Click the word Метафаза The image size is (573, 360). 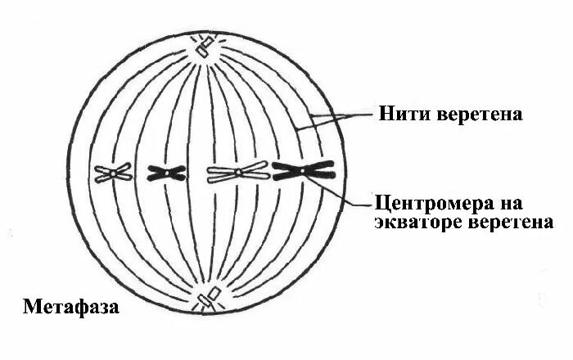coord(71,308)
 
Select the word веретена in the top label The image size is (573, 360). coord(478,114)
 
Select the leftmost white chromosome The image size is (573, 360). coord(113,173)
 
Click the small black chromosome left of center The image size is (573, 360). coord(166,173)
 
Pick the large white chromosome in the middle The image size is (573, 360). coord(237,173)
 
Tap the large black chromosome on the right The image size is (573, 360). coord(303,170)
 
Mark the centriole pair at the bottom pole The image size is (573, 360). coord(209,299)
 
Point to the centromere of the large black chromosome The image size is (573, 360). coord(303,170)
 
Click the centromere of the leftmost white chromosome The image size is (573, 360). coord(112,173)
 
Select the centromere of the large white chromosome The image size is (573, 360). coord(237,173)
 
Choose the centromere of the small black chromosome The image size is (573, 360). coord(166,173)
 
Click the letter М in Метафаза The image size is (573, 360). coord(31,308)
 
